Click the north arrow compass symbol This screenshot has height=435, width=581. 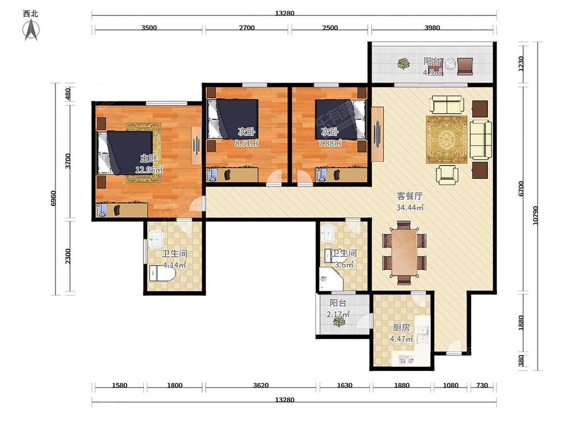[x=31, y=29]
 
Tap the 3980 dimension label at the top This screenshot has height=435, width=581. [x=432, y=28]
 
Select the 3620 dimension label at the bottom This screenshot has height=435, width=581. [x=260, y=385]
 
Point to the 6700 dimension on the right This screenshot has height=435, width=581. [x=521, y=188]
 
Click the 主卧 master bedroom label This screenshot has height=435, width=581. [x=149, y=159]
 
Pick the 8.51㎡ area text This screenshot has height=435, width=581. [x=246, y=144]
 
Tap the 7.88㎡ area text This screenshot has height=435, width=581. [x=330, y=144]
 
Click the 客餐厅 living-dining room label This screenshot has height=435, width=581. [x=410, y=196]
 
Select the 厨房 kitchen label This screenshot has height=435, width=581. [x=401, y=328]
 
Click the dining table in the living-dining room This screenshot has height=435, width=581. [x=404, y=252]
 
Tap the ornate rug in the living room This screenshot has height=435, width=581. [x=446, y=140]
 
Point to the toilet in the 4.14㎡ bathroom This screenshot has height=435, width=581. [x=162, y=274]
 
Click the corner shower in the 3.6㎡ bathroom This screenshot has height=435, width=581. [x=330, y=279]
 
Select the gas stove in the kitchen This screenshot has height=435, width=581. [x=406, y=360]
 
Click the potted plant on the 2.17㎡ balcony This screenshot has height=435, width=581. [x=339, y=322]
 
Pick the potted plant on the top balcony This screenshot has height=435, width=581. [x=404, y=64]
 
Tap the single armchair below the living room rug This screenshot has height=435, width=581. [x=447, y=174]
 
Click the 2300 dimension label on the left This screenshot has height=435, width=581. [x=68, y=256]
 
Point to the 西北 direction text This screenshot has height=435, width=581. [x=31, y=14]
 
